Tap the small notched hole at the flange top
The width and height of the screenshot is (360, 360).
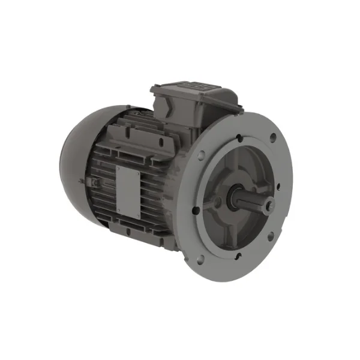point(240,138)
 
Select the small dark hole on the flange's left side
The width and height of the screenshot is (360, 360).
point(196,210)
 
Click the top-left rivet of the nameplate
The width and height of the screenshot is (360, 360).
point(118,168)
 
